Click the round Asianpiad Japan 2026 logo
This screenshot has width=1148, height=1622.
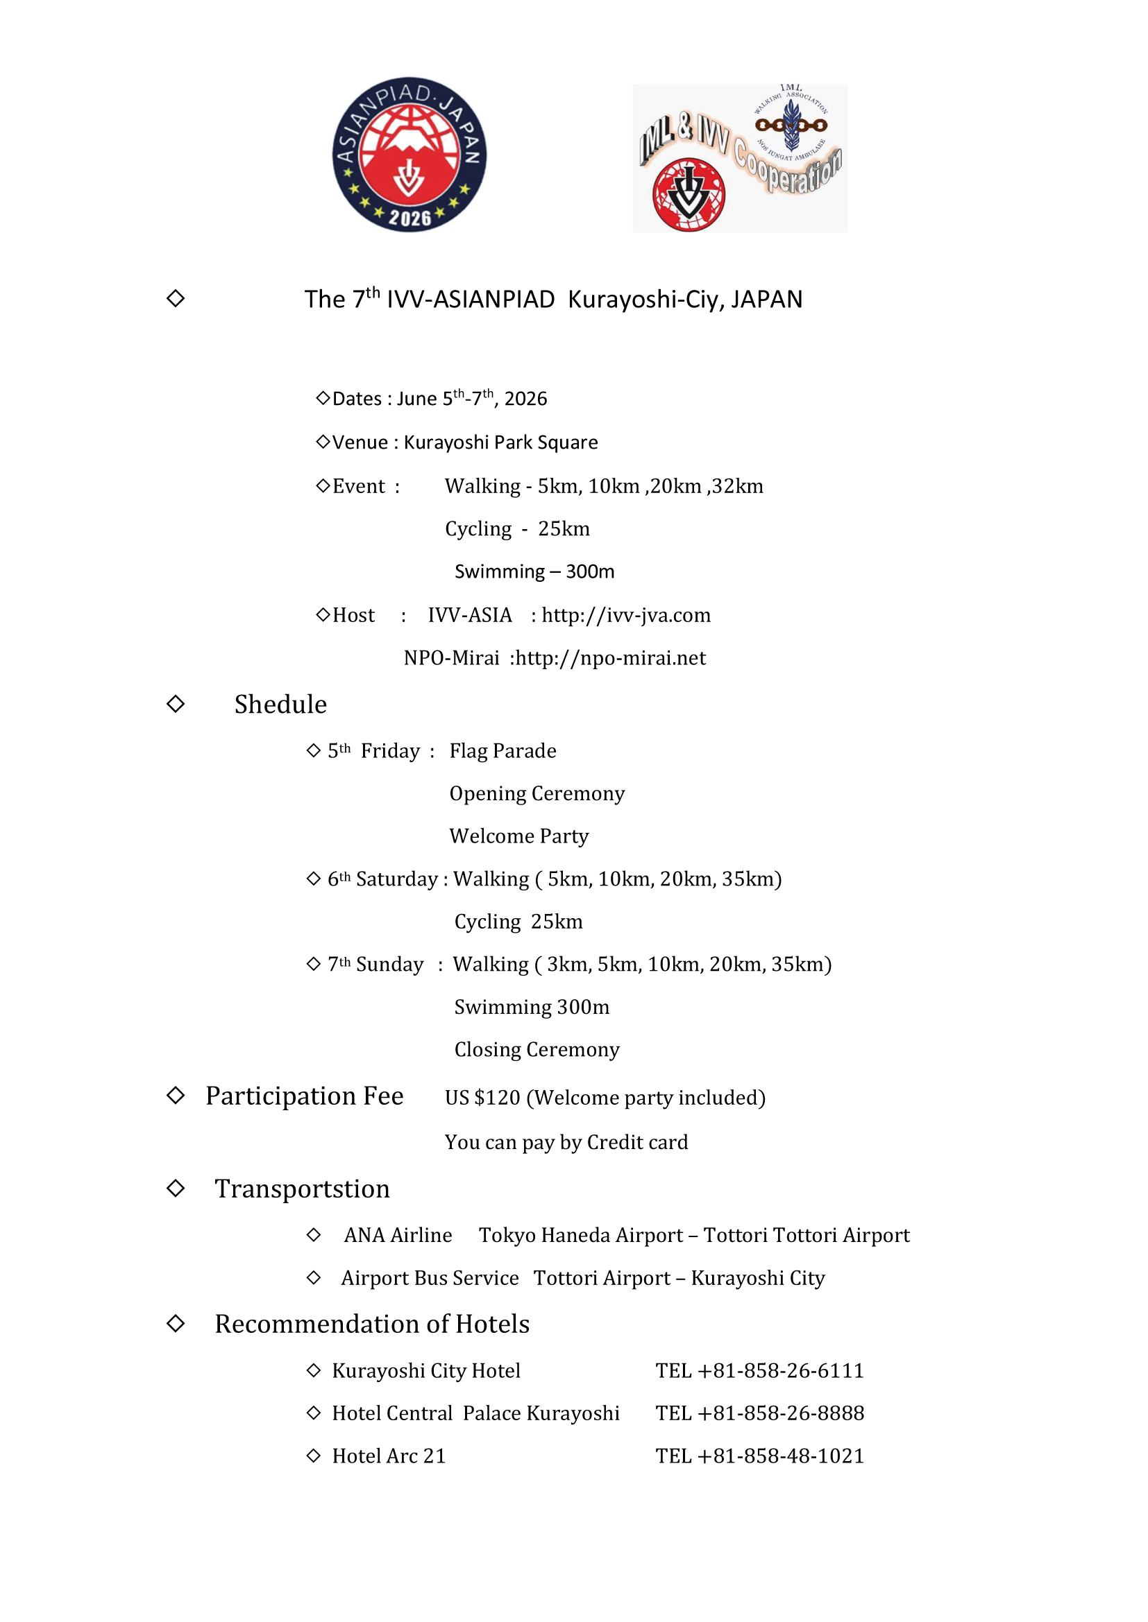(410, 155)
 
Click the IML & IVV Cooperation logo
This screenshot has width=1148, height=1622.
(739, 158)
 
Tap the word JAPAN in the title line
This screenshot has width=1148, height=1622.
(767, 300)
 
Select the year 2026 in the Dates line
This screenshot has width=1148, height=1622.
(525, 399)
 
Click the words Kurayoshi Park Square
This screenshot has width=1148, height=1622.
(500, 442)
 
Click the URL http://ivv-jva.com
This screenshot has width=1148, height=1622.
(625, 615)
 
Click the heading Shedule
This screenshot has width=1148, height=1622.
(280, 705)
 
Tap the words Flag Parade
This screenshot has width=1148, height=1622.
(503, 751)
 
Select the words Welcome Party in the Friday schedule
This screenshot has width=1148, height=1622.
(519, 836)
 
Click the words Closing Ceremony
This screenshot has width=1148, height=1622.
(537, 1051)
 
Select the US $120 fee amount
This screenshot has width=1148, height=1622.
(482, 1098)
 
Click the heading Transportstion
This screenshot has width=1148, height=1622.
(302, 1190)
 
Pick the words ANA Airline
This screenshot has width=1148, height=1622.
(398, 1236)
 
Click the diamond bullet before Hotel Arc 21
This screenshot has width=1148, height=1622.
(314, 1456)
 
